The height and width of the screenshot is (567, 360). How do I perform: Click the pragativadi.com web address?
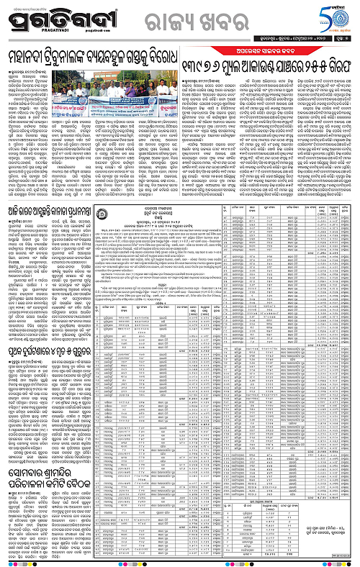click(84, 31)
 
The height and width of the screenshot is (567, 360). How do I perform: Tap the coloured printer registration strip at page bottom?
click(180, 563)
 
